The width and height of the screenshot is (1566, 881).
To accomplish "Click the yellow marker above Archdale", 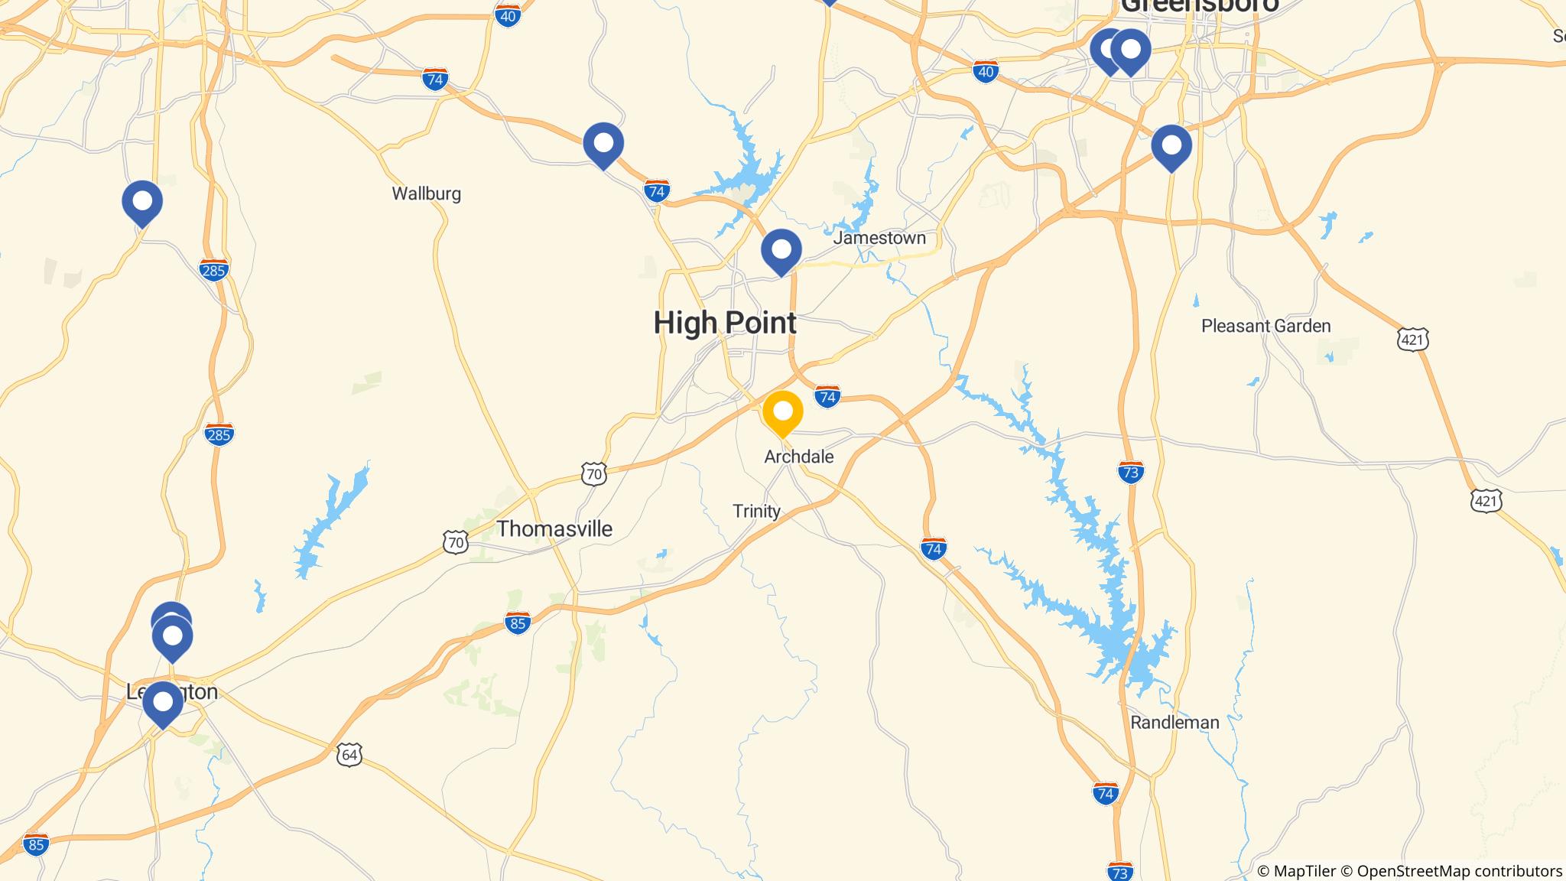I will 782,412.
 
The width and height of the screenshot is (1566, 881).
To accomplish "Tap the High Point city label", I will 725,323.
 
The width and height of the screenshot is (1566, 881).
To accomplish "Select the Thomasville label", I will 554,528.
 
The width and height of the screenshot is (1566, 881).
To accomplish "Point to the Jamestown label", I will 879,238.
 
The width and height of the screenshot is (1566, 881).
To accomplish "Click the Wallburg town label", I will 427,193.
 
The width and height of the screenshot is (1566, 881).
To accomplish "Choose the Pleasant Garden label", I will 1265,326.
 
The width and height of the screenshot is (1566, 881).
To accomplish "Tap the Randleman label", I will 1174,722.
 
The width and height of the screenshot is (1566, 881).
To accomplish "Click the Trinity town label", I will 756,511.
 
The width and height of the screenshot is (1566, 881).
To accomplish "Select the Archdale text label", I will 799,457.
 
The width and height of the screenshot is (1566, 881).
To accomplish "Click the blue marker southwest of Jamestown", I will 781,249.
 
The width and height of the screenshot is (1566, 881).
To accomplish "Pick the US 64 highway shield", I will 349,755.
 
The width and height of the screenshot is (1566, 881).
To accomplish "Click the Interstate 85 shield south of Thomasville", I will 518,623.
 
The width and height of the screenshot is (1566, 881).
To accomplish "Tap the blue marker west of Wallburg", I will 142,202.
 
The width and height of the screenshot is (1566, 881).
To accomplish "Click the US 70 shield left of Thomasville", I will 456,543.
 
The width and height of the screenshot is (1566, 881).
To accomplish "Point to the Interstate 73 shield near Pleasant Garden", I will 1130,473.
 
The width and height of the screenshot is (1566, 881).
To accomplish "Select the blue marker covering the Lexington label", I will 163,702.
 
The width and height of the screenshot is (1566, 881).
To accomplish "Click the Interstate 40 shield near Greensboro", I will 986,72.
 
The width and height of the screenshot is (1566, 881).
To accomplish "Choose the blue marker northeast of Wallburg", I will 603,143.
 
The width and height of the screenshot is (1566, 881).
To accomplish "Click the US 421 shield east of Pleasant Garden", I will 1412,339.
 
